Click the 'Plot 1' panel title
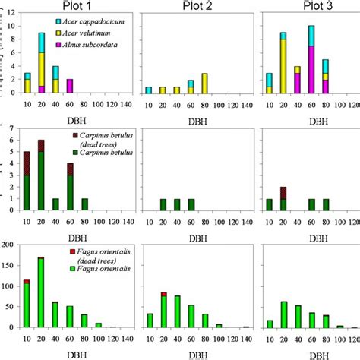(x=78, y=7)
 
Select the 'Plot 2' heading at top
(x=197, y=7)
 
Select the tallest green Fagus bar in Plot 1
(x=41, y=292)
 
